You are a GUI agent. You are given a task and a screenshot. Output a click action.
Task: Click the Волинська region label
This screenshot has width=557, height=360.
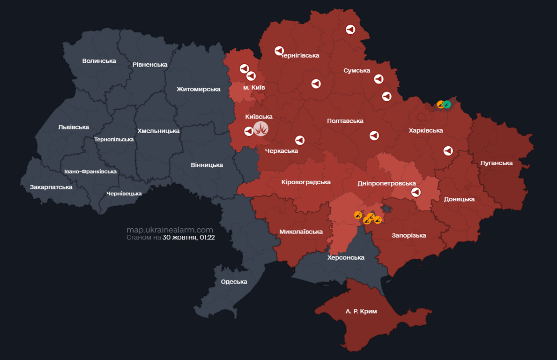99,60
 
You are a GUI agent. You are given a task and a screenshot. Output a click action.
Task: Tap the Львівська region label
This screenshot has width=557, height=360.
74,127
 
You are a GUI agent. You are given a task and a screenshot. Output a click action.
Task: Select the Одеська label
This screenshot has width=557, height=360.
234,282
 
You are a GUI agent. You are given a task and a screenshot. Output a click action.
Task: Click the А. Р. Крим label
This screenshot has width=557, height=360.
361,311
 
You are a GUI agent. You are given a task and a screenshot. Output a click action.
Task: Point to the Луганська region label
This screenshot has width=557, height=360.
497,163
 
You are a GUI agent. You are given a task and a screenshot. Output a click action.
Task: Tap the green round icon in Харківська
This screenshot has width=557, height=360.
447,104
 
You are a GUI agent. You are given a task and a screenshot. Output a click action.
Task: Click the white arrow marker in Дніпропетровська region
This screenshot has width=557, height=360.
416,192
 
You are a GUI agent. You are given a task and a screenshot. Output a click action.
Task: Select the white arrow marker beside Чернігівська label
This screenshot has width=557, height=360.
279,50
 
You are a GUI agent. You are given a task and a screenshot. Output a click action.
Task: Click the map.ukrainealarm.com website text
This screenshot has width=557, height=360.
170,230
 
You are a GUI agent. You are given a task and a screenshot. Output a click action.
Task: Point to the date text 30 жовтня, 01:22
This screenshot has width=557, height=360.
188,238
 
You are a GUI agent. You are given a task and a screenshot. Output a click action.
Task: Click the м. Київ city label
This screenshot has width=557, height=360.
254,88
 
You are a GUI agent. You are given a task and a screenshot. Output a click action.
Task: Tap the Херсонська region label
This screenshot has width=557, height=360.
346,257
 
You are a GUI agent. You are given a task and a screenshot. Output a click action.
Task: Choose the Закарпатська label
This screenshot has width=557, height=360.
51,187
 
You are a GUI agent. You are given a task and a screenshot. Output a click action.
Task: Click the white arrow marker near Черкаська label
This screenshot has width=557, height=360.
300,140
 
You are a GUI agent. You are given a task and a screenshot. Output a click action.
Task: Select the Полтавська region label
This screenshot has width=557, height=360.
345,120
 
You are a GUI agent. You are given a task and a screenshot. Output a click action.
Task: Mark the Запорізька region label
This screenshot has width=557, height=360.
409,235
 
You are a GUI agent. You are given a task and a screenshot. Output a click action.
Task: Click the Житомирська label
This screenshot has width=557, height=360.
199,89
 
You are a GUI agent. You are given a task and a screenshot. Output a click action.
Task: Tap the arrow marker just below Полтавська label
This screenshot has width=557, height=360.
374,135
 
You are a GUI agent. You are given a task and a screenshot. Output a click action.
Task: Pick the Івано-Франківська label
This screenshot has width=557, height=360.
90,172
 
